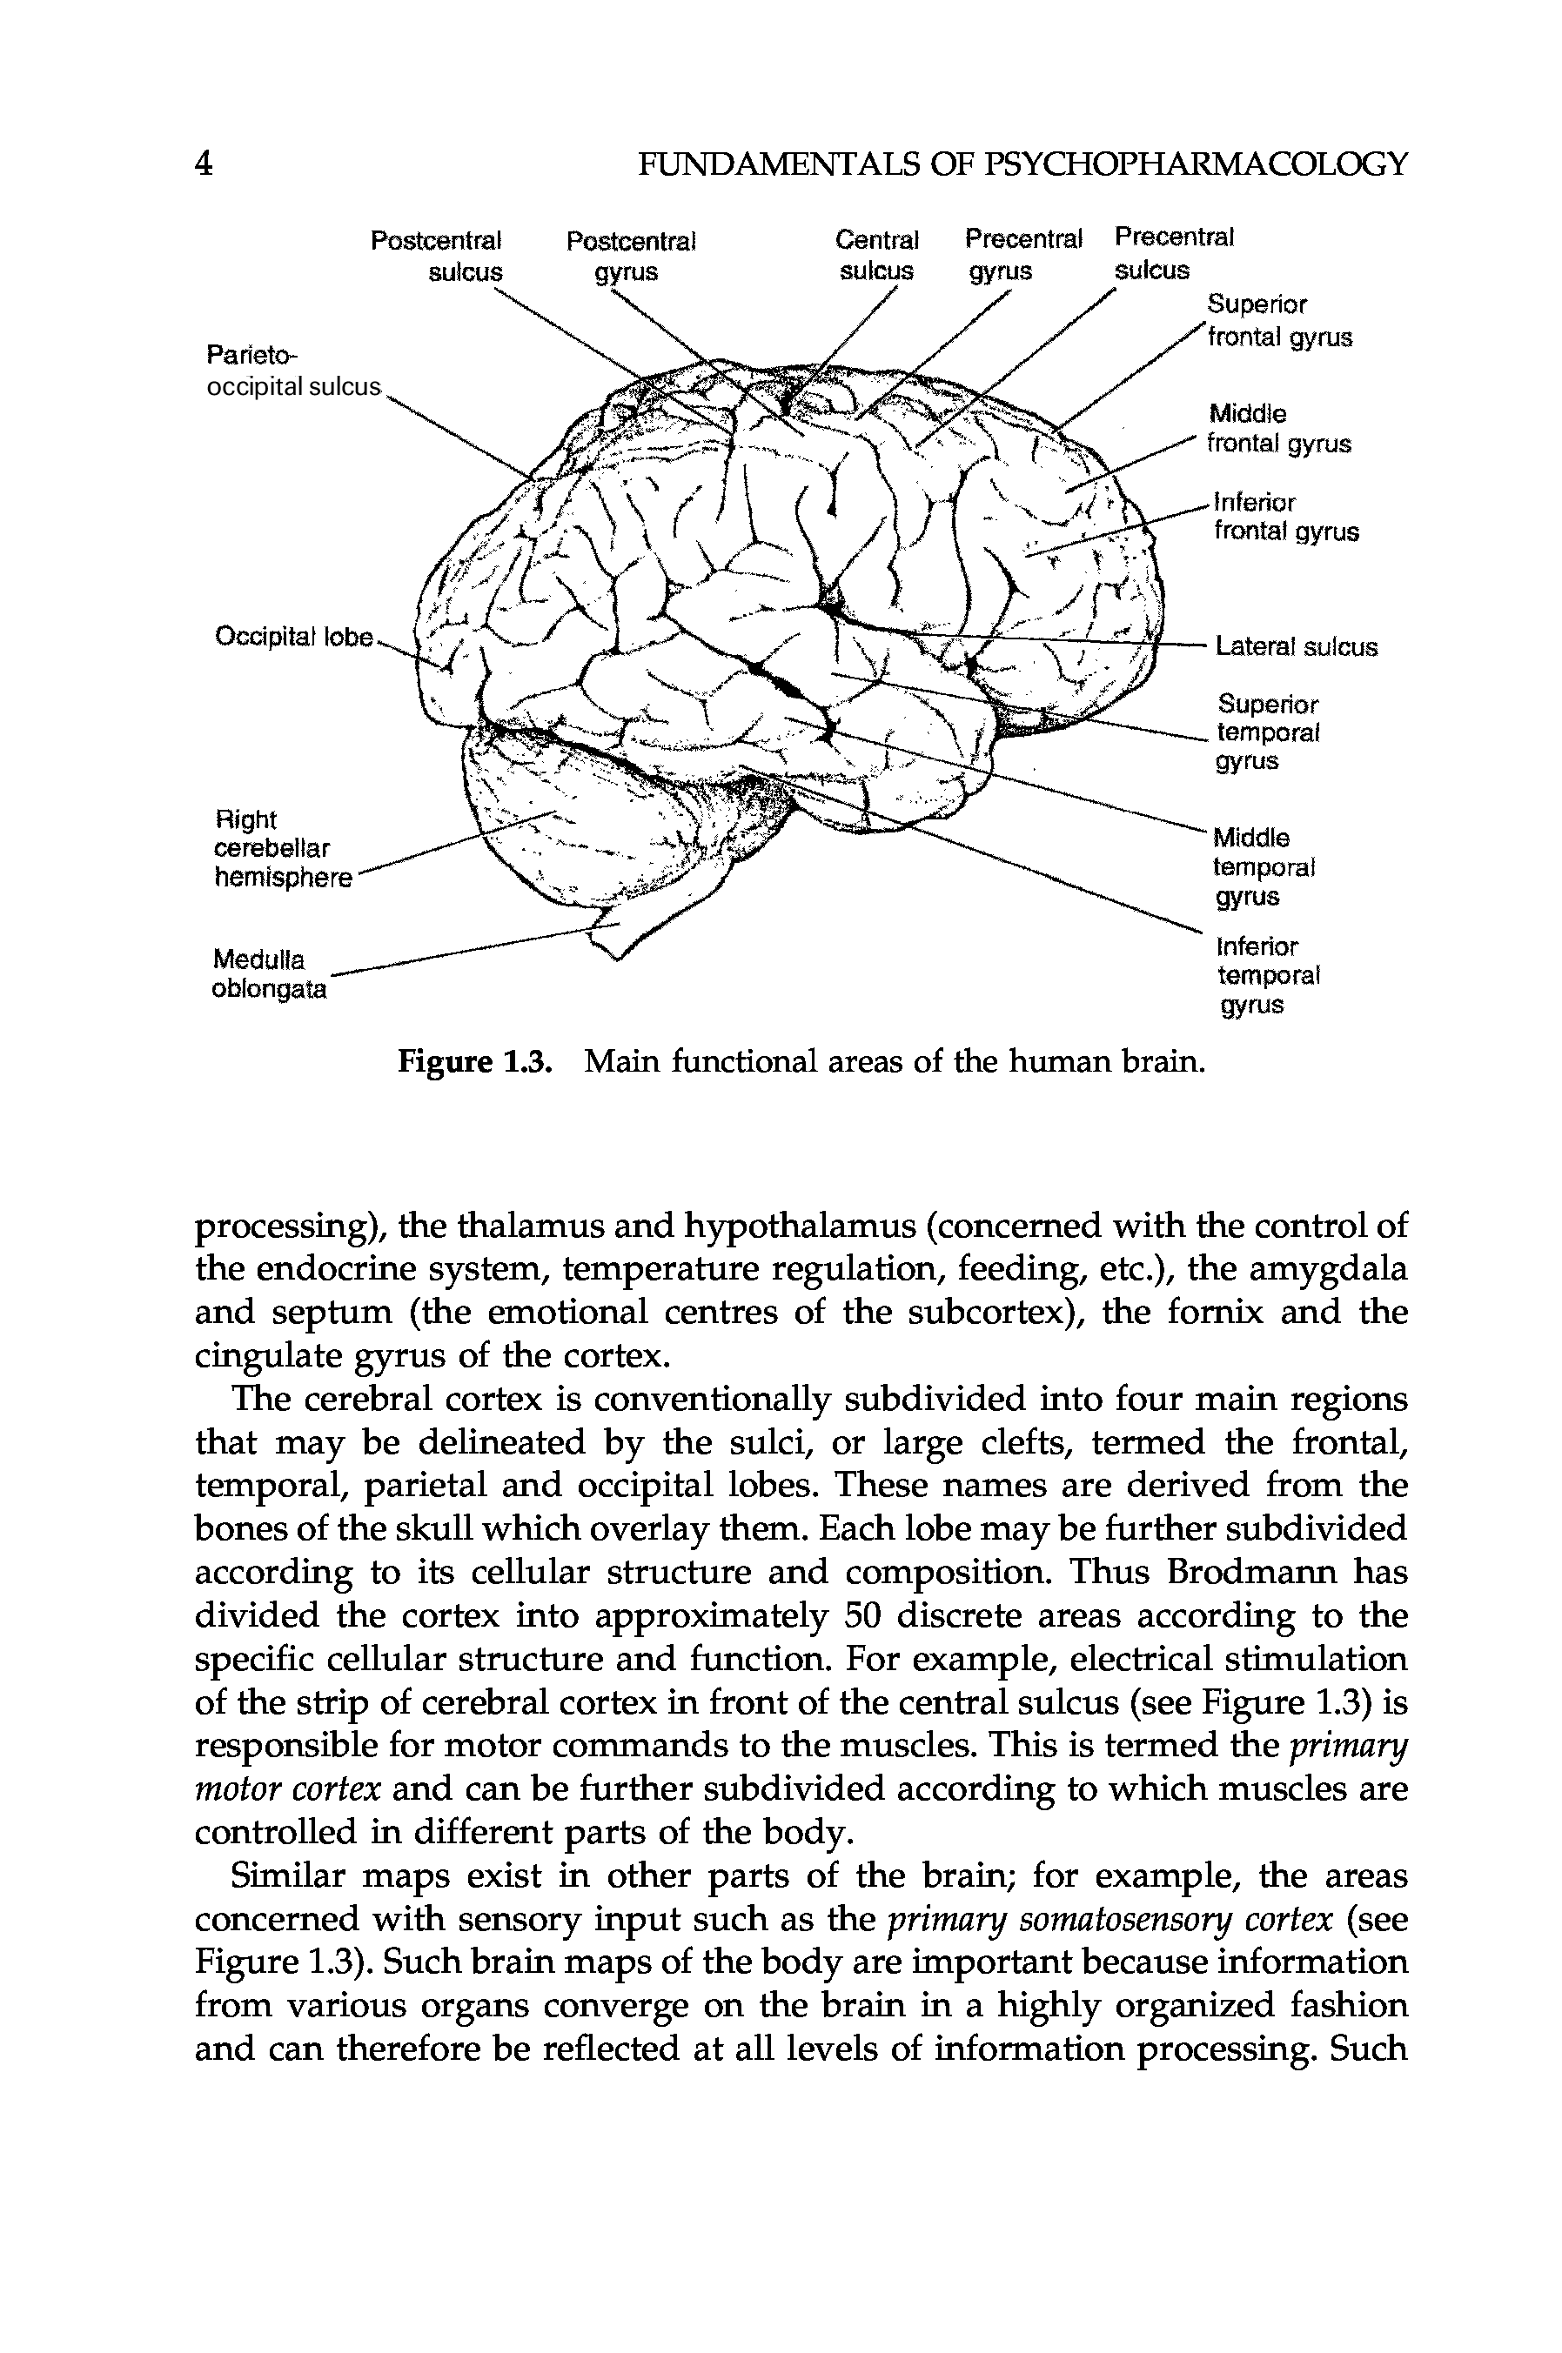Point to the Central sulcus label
pos(876,256)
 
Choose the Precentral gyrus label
pos(1022,255)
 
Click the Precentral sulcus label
pos(1172,253)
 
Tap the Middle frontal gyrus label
pos(1278,428)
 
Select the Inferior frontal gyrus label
pos(1285,516)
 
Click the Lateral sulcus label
pos(1296,647)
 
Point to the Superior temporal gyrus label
pos(1267,733)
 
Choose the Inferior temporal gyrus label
pos(1267,975)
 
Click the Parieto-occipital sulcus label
pos(293,371)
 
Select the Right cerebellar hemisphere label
pos(283,848)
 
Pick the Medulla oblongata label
pos(269,975)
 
